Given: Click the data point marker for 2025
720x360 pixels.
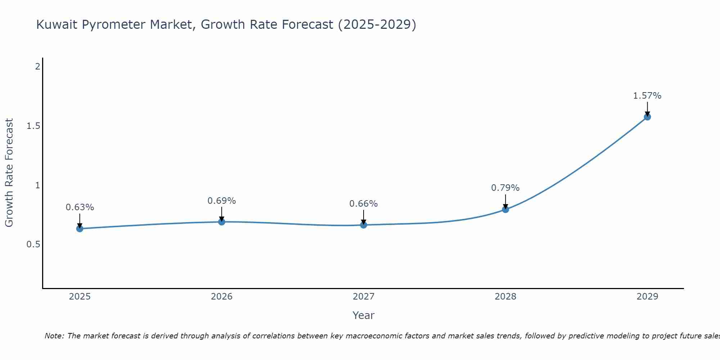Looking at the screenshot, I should coord(80,229).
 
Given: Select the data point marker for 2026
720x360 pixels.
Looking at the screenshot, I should coord(222,222).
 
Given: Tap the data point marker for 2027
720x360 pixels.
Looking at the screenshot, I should coord(364,225).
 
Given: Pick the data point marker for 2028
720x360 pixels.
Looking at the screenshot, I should coord(505,209).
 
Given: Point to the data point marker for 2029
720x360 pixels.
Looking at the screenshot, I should coord(647,117).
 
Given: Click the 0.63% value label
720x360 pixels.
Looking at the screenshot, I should coord(80,207).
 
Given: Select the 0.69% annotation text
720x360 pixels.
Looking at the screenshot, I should coord(222,201).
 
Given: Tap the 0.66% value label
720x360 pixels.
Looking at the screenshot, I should coord(364,204).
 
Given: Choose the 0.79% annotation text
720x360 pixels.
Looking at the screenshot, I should coord(505,188).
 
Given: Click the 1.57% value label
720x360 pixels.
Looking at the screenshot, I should coord(647,96).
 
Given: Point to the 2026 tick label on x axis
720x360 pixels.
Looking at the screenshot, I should coord(222,297).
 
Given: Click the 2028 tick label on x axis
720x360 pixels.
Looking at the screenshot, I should coord(505,297).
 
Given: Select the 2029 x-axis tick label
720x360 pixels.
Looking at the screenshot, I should coord(647,297).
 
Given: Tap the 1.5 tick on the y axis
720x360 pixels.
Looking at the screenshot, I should coord(33,126).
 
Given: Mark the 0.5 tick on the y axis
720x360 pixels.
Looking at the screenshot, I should coord(33,244).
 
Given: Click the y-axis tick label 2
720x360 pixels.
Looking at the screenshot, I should coord(37,67).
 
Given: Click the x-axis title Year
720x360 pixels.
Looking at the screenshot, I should coord(364,315).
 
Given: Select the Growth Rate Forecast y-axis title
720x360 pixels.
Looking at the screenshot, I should coord(9,173).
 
